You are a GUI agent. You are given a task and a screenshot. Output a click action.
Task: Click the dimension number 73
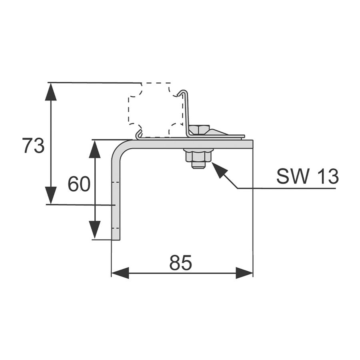[33, 146]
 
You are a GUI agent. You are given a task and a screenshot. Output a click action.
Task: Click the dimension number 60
[79, 184]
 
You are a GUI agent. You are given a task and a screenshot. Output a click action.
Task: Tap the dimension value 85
[181, 263]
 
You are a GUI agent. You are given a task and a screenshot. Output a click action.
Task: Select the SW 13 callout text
[307, 176]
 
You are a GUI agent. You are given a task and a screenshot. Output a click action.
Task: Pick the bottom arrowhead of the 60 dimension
[94, 230]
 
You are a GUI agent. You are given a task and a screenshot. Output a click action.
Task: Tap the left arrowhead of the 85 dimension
[120, 273]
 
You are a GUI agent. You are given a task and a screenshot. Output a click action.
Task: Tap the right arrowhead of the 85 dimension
[244, 273]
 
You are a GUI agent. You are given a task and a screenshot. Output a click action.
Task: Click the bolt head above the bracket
[199, 130]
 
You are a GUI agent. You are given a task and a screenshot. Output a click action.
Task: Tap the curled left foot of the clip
[139, 135]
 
